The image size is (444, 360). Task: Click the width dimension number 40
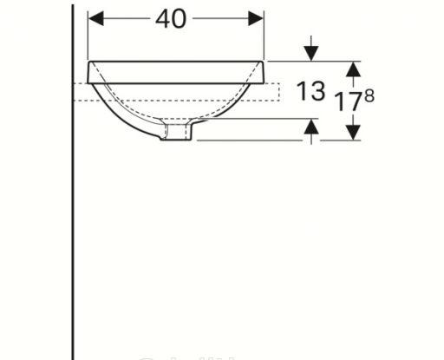(173, 18)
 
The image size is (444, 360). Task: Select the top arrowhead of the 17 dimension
(352, 69)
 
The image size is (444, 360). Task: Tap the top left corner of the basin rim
(88, 62)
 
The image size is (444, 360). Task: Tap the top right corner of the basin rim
(264, 62)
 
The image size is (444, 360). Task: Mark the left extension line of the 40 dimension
(89, 35)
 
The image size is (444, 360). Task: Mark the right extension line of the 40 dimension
(264, 35)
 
